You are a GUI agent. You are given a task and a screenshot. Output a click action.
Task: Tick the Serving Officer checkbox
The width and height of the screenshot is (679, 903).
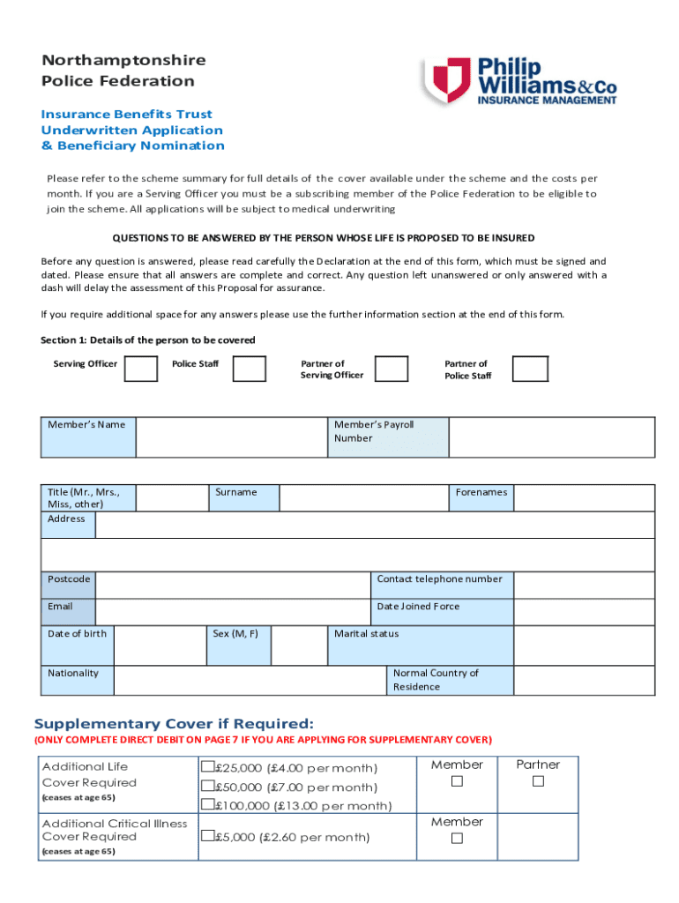141,369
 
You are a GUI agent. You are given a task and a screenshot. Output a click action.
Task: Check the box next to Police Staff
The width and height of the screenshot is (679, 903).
249,369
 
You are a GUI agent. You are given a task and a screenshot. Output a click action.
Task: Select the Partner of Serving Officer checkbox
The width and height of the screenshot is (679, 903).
391,369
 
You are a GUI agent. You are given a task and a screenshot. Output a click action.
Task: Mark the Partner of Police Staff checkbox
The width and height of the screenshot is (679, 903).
530,369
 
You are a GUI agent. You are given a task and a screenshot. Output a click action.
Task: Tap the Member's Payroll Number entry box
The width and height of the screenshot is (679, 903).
551,437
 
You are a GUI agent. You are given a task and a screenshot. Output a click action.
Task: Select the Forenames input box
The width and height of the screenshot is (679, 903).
584,497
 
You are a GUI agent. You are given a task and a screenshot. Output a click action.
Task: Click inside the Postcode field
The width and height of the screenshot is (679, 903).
232,586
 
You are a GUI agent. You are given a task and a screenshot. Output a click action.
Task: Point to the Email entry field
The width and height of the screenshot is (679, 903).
232,612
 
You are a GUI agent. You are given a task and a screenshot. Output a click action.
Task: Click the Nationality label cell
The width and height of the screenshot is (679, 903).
78,681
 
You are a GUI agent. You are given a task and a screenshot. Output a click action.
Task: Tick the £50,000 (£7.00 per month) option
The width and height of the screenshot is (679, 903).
208,786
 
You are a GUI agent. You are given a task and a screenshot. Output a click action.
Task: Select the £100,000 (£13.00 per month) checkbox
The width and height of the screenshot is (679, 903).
208,804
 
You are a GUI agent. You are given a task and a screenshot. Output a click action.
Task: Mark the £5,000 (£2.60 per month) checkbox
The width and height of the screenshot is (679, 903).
208,836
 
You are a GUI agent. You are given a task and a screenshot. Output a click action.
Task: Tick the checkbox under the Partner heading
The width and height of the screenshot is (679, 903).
538,782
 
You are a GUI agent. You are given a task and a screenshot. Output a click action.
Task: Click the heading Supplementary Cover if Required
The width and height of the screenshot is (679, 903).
173,723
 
